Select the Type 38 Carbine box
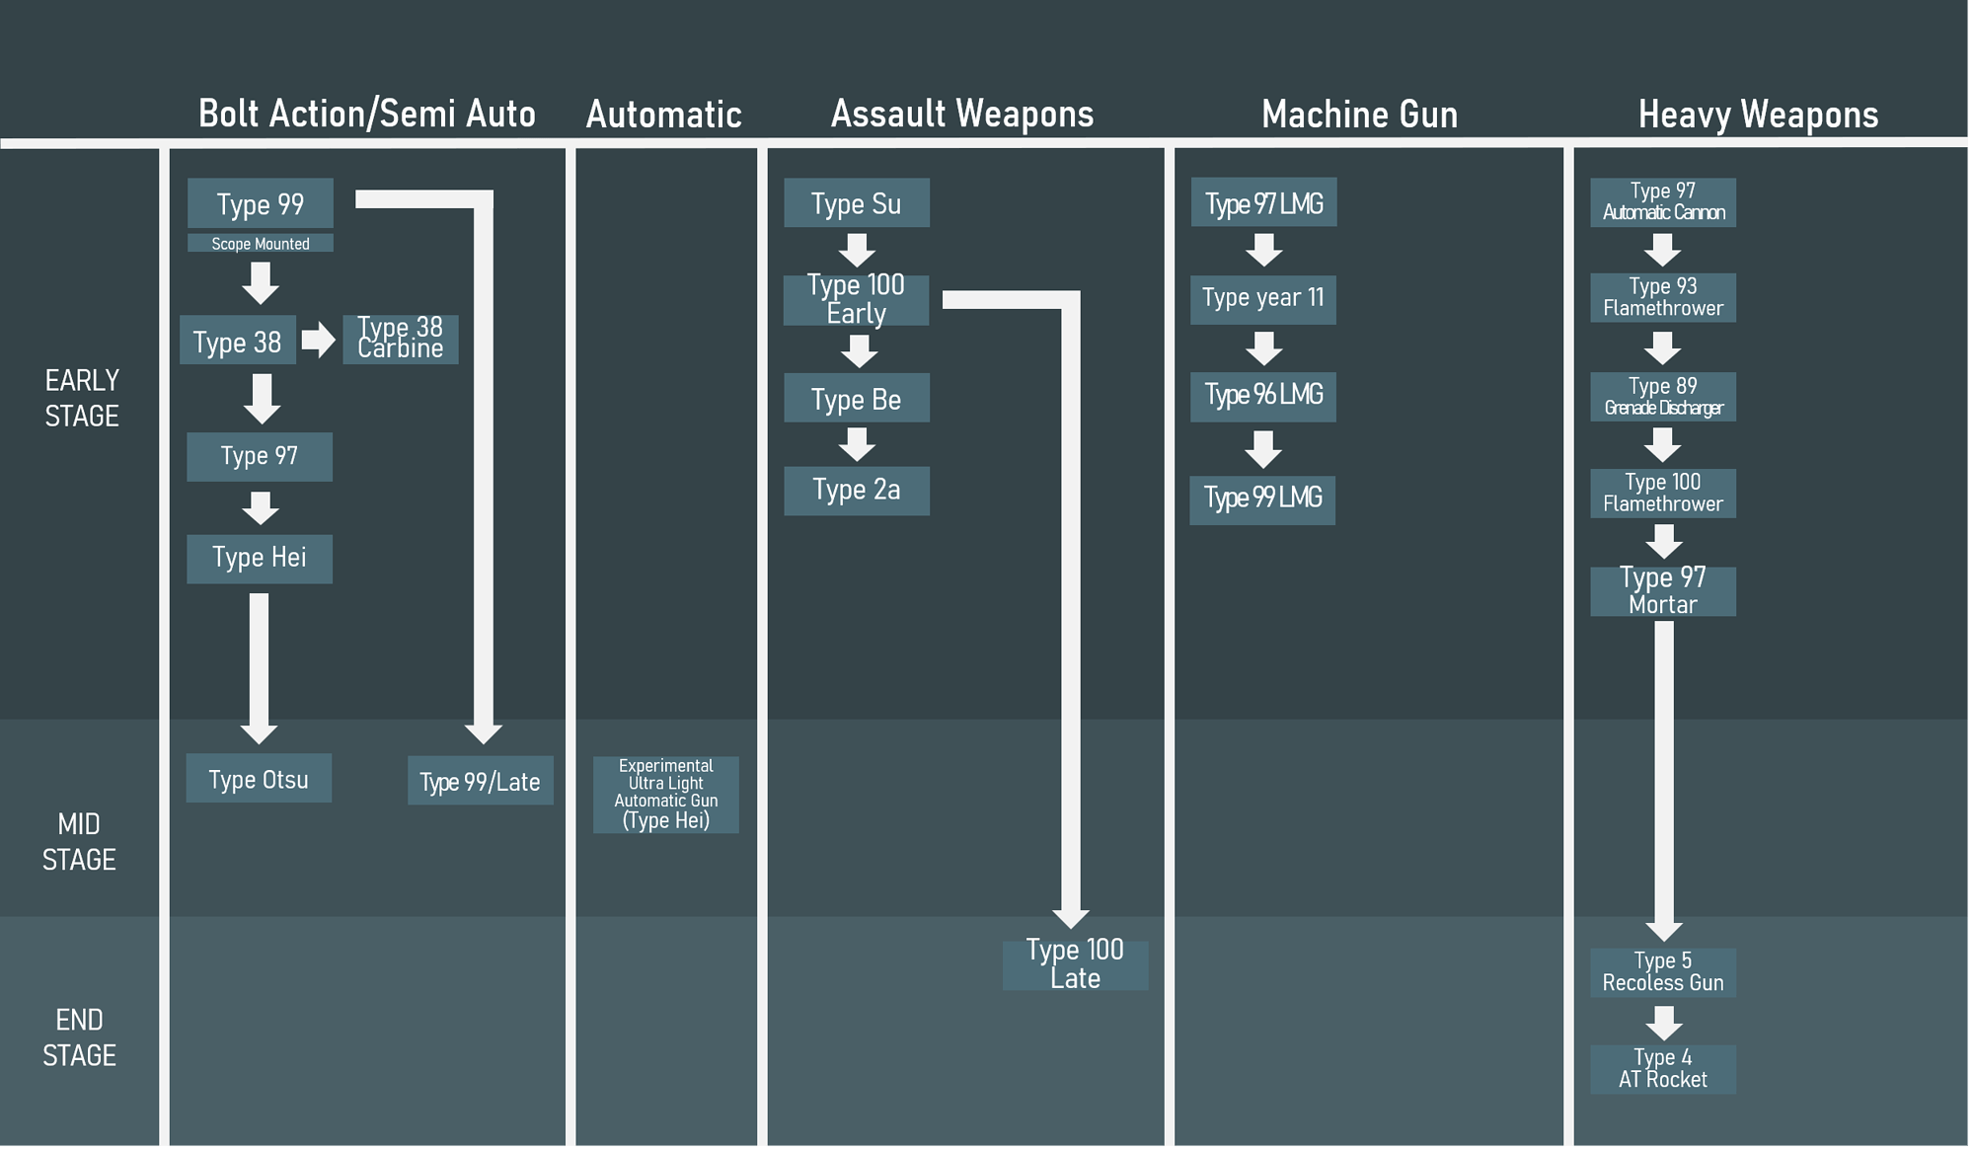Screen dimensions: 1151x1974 pos(400,339)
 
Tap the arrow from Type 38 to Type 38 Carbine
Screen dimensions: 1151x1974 pos(318,340)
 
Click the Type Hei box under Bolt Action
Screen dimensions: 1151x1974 pos(259,558)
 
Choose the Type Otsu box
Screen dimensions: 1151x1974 pos(259,779)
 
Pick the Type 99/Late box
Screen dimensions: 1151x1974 pos(480,781)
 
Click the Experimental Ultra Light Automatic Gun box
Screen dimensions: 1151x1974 pos(665,794)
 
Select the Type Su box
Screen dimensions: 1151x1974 pos(856,203)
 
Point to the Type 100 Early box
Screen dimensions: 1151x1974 pos(856,300)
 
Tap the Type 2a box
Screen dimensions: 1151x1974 pos(856,490)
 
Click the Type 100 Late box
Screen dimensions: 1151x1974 pos(1075,964)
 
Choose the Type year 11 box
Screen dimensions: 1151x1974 pos(1262,298)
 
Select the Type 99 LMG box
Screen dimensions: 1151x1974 pos(1262,499)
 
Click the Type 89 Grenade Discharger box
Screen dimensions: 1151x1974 pos(1662,397)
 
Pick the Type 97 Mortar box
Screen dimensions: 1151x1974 pos(1662,590)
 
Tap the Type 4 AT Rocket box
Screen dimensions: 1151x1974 pos(1662,1068)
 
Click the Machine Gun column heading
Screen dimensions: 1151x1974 pos(1359,115)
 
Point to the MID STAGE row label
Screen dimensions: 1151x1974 pos(79,842)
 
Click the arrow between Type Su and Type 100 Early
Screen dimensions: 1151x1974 pos(857,250)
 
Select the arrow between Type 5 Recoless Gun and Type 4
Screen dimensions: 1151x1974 pos(1663,1022)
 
